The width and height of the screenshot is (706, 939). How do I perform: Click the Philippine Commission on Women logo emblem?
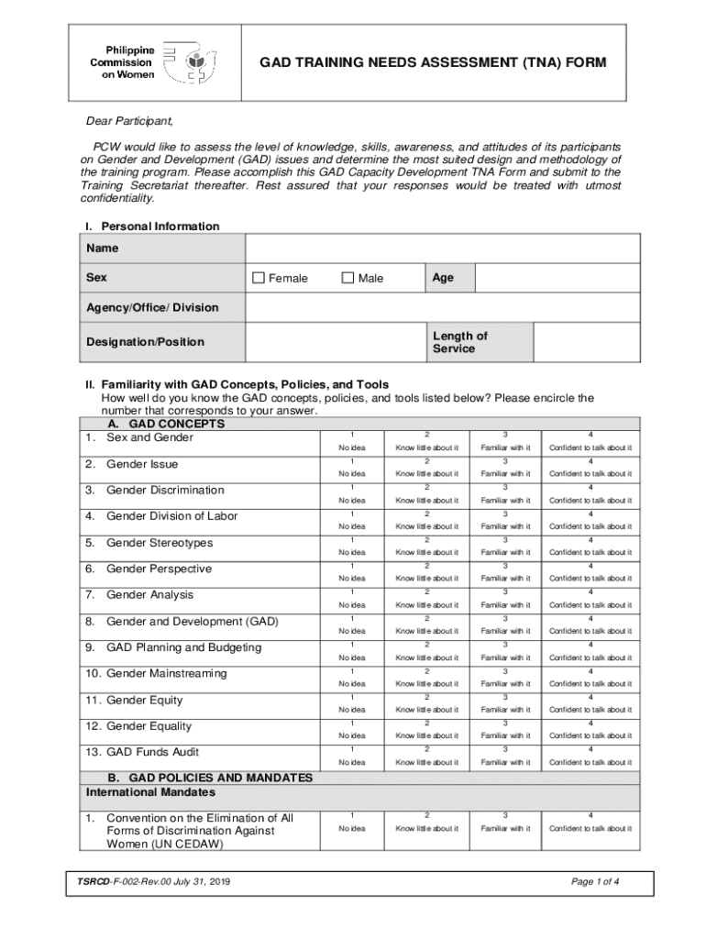point(190,61)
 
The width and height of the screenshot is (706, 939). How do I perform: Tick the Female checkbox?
point(259,278)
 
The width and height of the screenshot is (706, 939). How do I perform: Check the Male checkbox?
point(347,278)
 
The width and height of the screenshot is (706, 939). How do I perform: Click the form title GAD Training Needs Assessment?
point(432,62)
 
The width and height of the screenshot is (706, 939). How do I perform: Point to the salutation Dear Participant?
point(129,121)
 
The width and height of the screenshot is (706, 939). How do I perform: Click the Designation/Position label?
point(145,342)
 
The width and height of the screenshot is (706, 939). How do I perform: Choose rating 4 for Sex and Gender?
point(590,434)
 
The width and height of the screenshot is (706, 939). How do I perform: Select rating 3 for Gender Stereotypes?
point(503,539)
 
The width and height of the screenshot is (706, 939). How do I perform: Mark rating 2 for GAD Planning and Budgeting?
point(426,645)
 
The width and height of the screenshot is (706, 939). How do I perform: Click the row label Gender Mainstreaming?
point(155,674)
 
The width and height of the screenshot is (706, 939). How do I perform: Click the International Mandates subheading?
point(150,791)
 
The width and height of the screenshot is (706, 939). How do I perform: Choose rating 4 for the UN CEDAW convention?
point(590,815)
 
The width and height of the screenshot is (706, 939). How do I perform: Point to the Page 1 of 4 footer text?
point(594,882)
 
